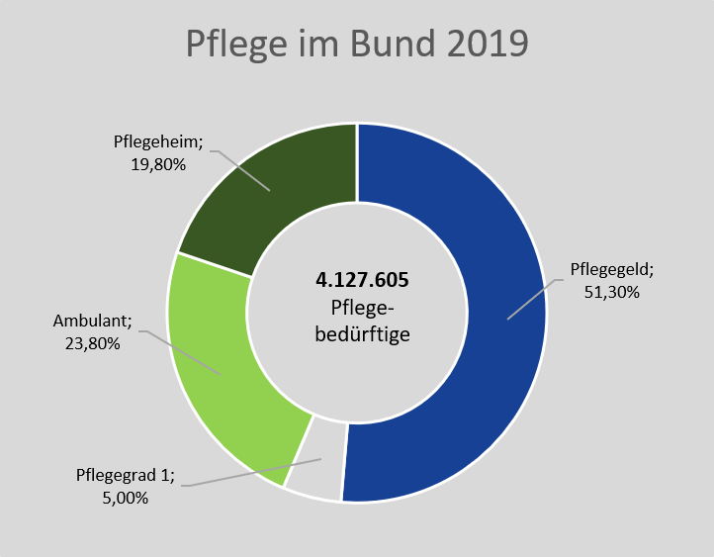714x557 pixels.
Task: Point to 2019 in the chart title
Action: click(x=484, y=45)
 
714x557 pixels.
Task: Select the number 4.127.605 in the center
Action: click(x=356, y=280)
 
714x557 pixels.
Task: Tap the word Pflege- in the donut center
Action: click(x=356, y=307)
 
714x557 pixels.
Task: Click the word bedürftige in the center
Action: click(x=356, y=333)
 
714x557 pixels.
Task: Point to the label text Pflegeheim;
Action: click(x=158, y=140)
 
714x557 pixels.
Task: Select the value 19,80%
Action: click(x=158, y=164)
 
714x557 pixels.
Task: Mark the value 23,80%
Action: click(x=86, y=344)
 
